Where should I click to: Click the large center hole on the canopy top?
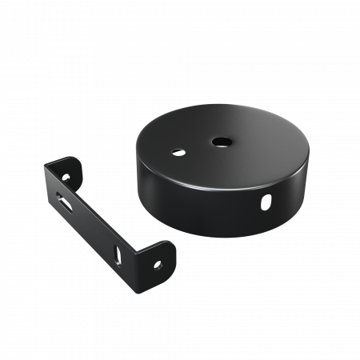pyautogui.click(x=217, y=142)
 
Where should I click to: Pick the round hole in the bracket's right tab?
pyautogui.click(x=158, y=261)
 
